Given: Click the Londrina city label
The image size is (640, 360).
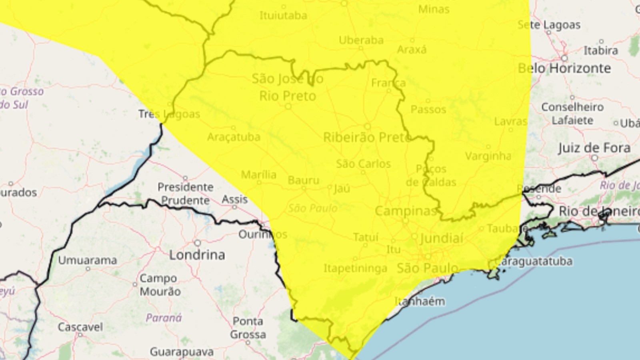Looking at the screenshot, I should click(197, 255).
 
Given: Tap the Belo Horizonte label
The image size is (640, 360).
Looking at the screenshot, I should click(564, 68).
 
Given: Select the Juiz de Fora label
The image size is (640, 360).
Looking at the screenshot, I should click(594, 148).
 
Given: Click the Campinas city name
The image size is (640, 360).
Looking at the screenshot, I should click(405, 211).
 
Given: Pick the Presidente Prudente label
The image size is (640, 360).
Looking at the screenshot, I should click(185, 194).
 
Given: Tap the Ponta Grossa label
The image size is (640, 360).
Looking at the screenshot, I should click(248, 328).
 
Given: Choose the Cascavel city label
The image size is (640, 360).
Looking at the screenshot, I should click(80, 327).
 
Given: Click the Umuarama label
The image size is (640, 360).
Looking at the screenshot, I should click(88, 260).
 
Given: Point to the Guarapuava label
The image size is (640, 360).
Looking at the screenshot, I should click(182, 352).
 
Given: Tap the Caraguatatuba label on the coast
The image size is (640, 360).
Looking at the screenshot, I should click(533, 261).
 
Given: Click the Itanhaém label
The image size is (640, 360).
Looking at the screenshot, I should click(420, 301).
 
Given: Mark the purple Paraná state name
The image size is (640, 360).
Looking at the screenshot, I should click(164, 318).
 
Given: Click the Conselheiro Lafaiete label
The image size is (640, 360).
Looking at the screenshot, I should click(572, 113).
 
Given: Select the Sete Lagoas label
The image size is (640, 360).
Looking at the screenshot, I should click(549, 25).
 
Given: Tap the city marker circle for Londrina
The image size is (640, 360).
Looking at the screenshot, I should click(197, 243).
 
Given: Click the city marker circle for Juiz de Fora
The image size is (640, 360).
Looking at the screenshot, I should click(595, 158).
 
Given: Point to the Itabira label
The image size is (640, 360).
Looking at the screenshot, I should click(601, 50).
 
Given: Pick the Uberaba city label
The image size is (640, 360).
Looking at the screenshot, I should click(361, 40).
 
